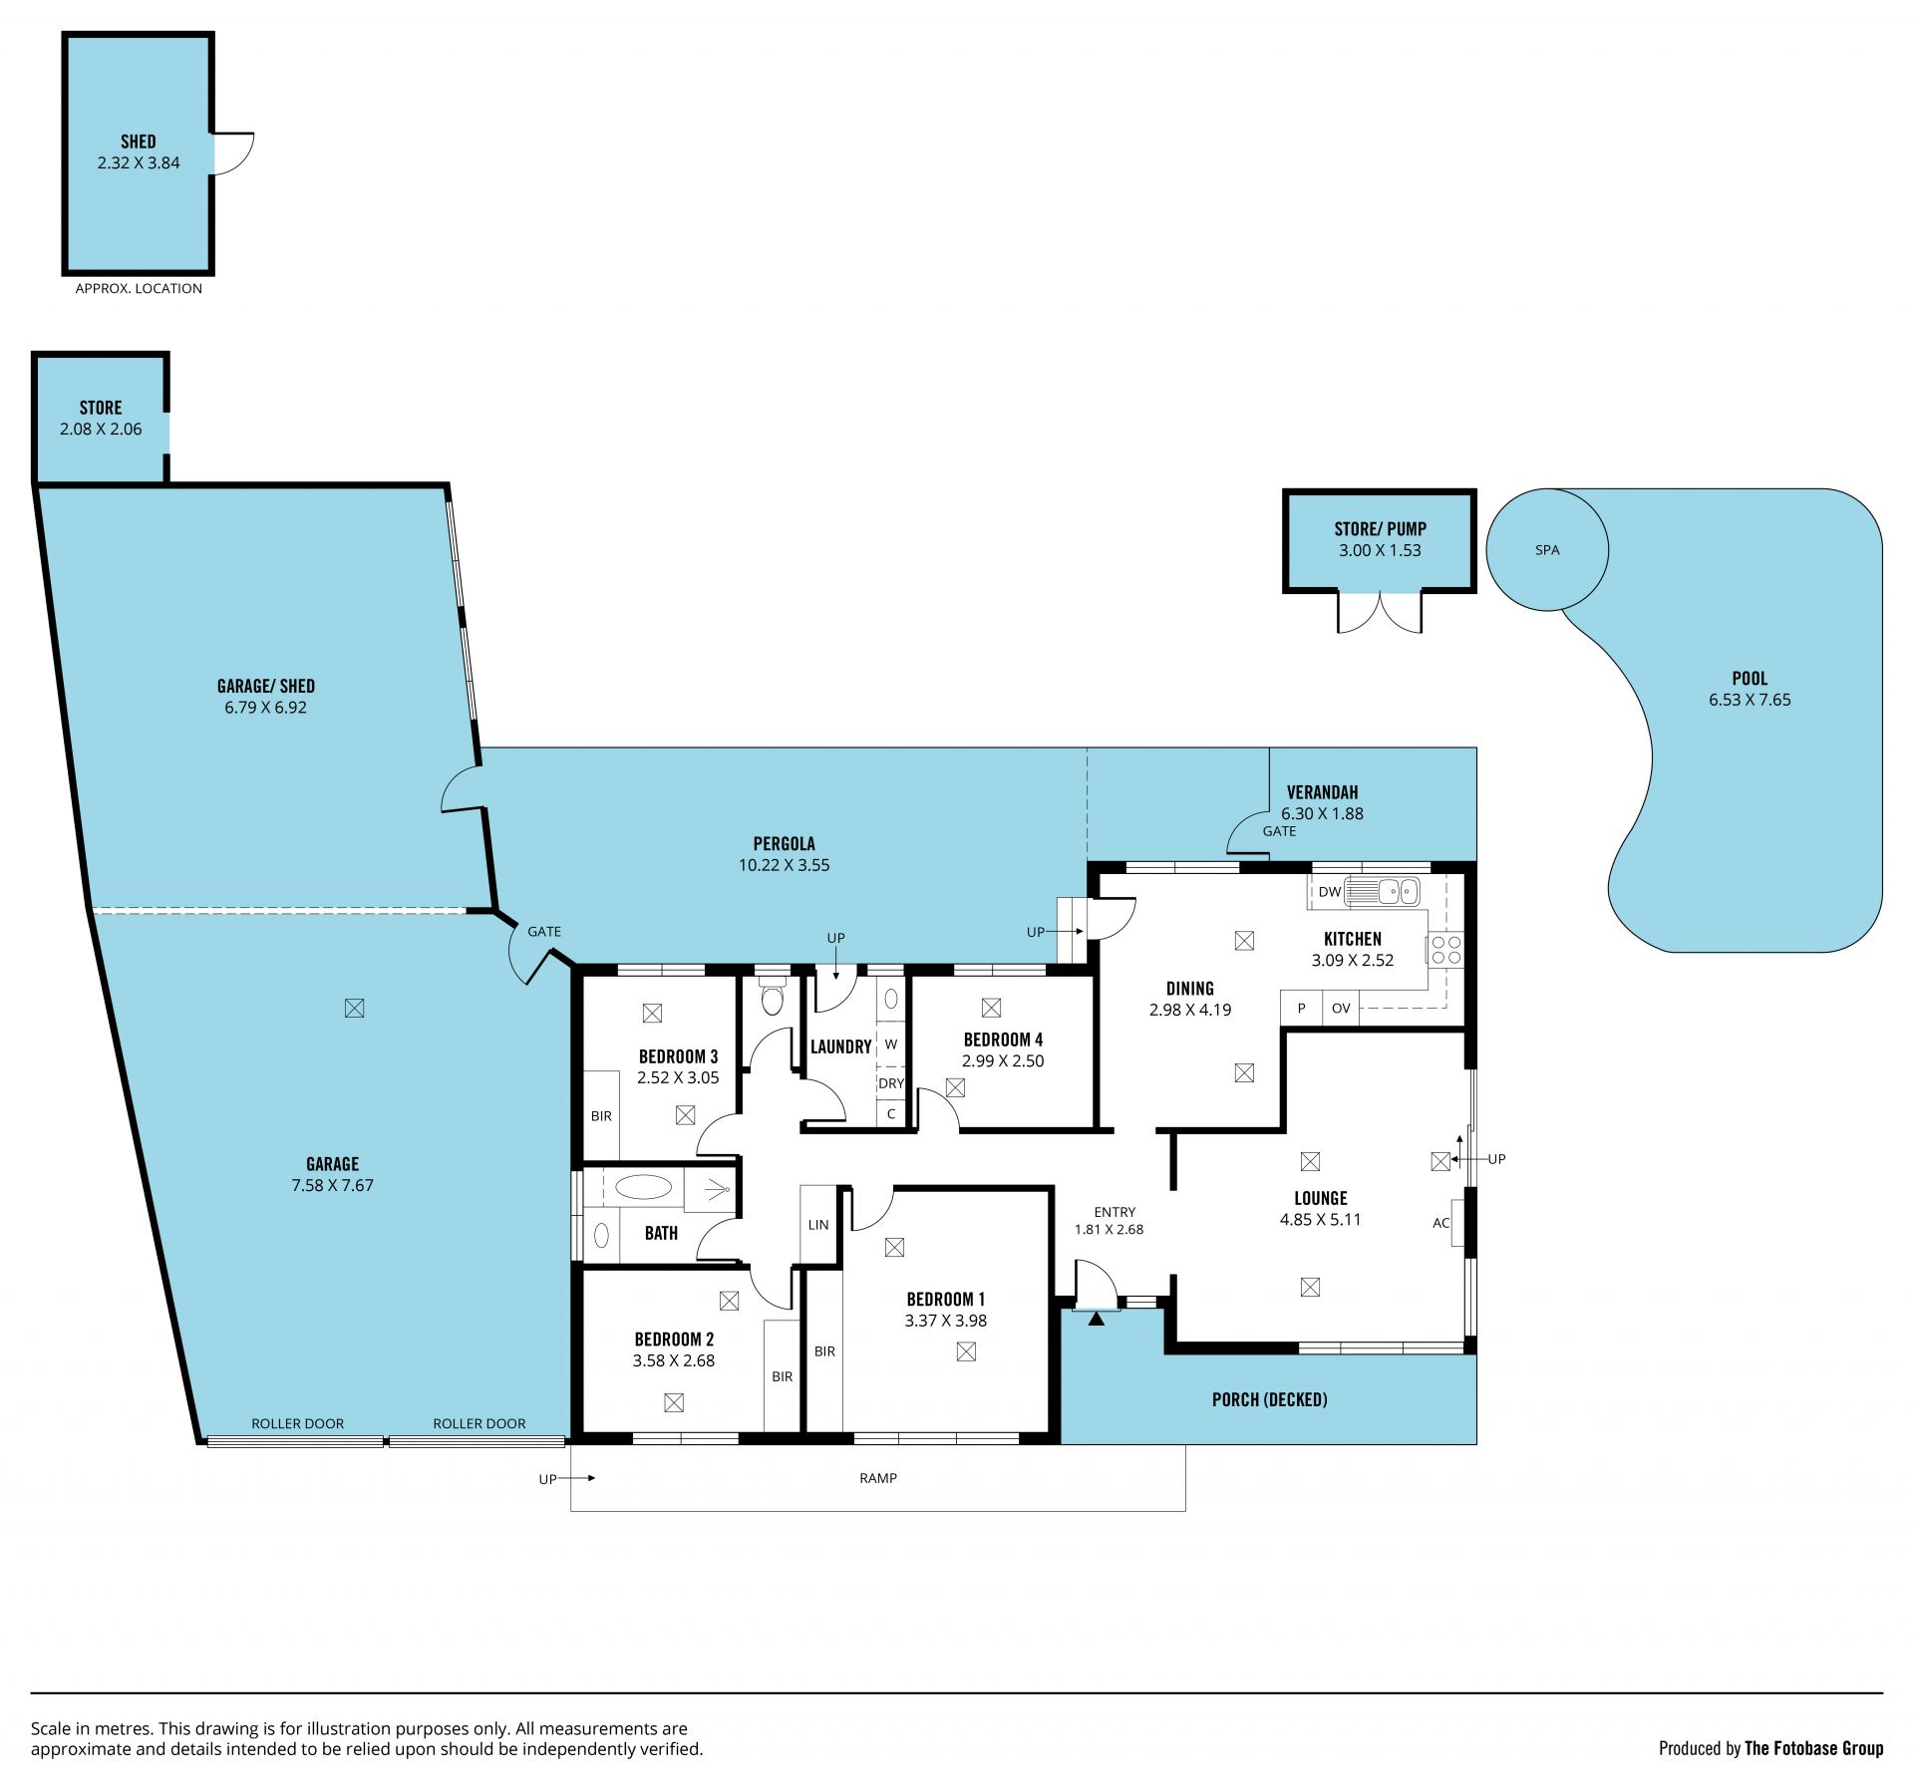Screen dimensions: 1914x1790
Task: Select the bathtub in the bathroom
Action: coord(643,1187)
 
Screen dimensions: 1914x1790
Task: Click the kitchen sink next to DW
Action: coord(1383,890)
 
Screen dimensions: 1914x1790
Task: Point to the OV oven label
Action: coord(1341,1009)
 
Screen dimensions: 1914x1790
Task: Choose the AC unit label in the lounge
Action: coord(1440,1223)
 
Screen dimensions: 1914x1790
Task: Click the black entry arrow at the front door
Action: coord(1097,1319)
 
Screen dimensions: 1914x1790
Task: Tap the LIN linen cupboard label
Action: coord(818,1225)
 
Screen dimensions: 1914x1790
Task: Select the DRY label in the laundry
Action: coord(891,1083)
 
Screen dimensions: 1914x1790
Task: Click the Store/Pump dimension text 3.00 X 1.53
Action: coord(1380,550)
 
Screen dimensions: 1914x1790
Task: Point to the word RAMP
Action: coord(878,1478)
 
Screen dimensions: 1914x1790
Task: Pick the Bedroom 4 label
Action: coord(1003,1040)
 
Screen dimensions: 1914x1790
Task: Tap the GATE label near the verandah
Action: coord(1280,831)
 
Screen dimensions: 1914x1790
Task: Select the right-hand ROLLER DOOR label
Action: coord(479,1423)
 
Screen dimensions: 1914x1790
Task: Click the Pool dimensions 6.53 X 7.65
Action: coord(1750,700)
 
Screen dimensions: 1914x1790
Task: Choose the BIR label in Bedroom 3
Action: coord(601,1116)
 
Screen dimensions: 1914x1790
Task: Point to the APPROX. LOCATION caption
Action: coord(139,288)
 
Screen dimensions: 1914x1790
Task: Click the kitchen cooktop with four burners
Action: coord(1446,950)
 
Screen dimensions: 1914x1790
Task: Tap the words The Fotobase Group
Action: coord(1814,1748)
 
